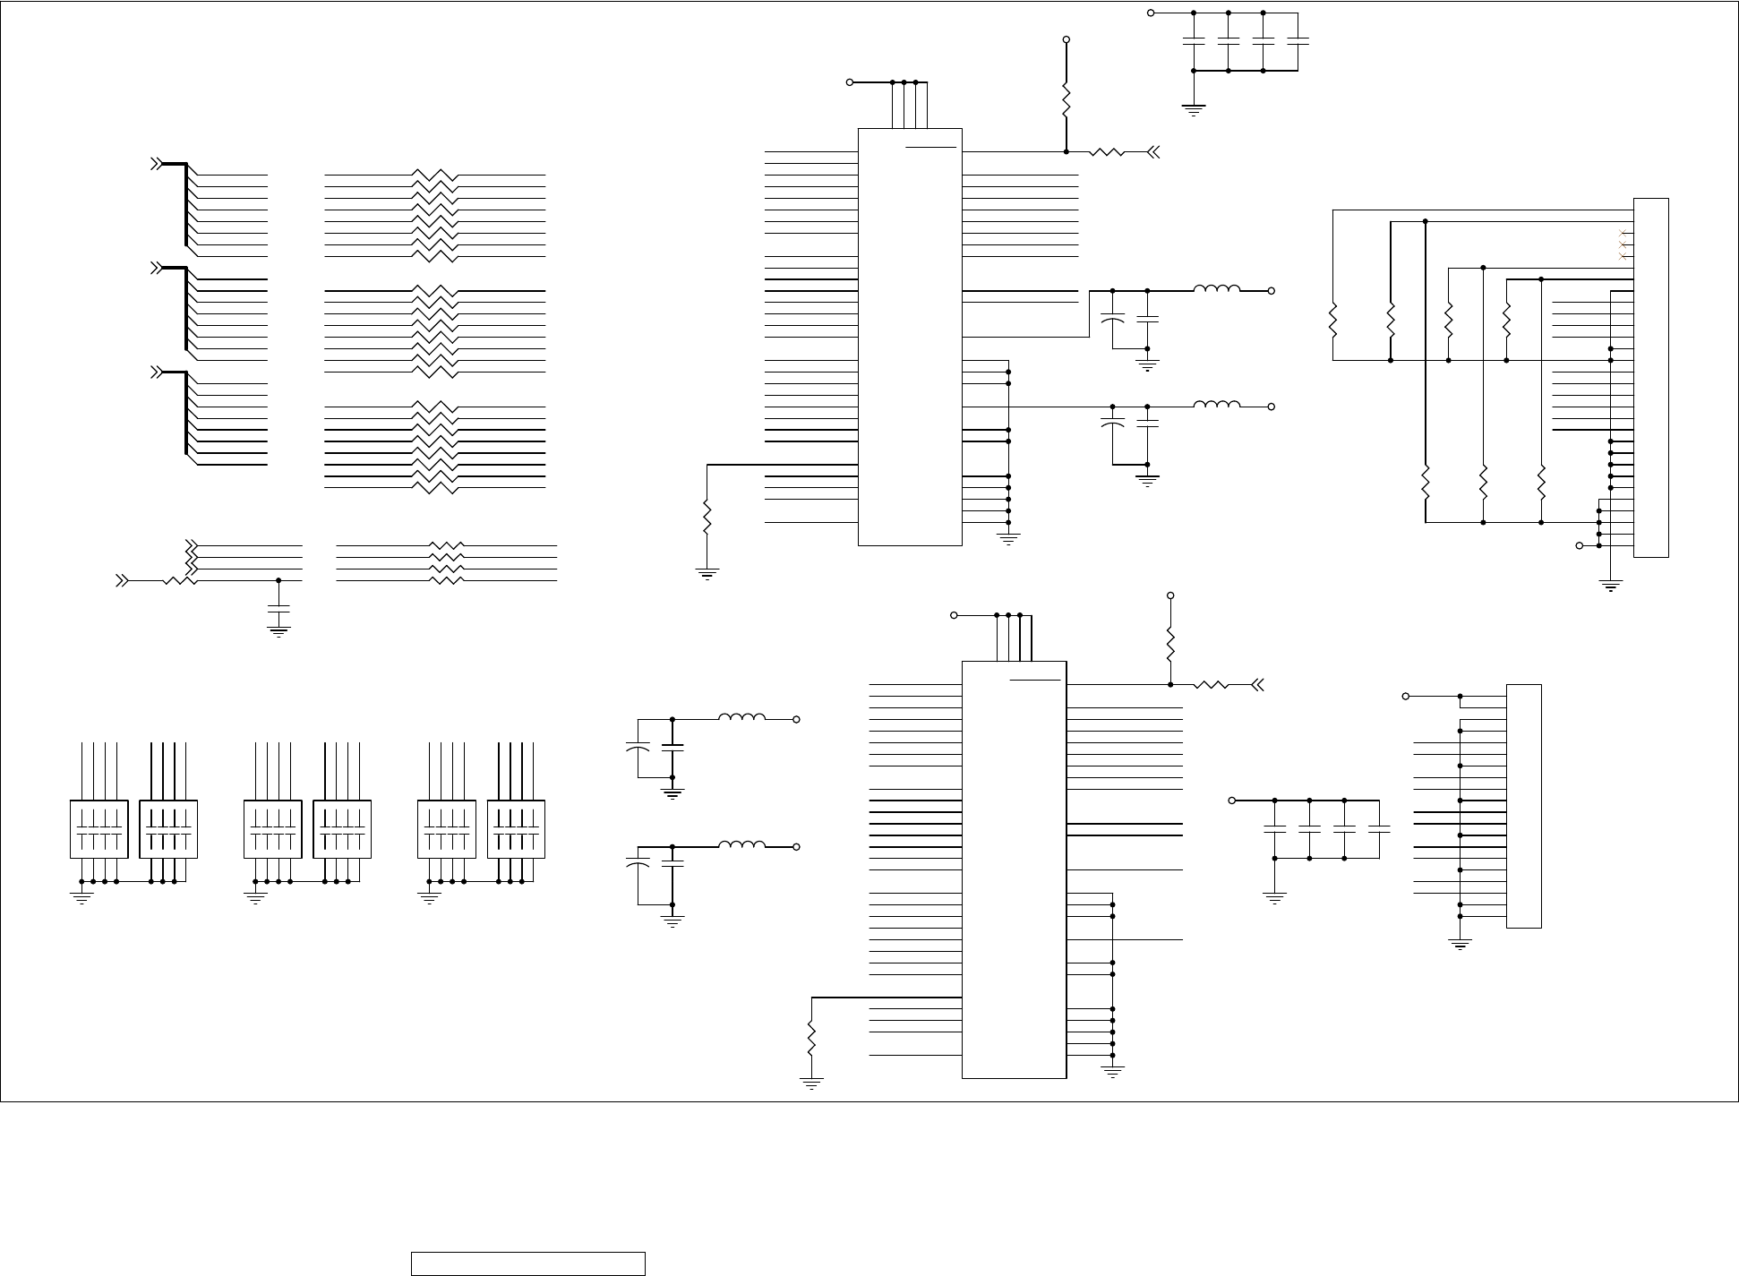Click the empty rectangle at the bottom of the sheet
[x=528, y=1263]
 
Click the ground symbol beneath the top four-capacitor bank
[x=1194, y=109]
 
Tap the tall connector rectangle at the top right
[x=1650, y=377]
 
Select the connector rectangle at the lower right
[x=1523, y=806]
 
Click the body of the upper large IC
[x=910, y=337]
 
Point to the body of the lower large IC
[x=1014, y=869]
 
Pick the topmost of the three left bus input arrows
[x=156, y=164]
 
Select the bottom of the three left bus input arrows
[x=156, y=372]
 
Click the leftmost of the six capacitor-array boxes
[x=99, y=829]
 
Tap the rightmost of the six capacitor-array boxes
[x=516, y=829]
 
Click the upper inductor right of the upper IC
[x=1217, y=288]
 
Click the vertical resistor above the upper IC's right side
[x=1066, y=99]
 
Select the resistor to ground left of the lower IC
[x=811, y=1038]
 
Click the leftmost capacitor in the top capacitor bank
[x=1194, y=41]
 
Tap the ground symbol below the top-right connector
[x=1610, y=587]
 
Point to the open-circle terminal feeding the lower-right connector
[x=1406, y=696]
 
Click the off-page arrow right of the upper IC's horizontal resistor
[x=1153, y=152]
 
